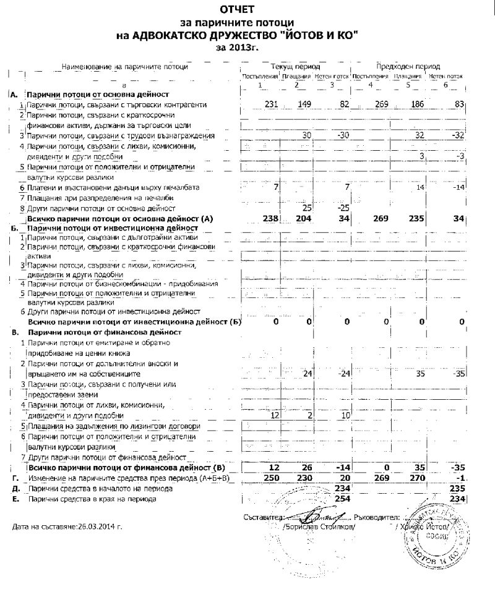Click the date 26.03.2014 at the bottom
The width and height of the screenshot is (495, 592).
pyautogui.click(x=95, y=528)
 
